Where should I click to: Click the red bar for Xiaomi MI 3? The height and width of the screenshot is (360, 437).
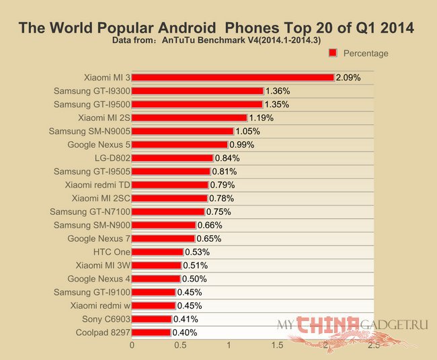(x=233, y=77)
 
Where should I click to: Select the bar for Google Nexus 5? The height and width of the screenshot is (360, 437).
(x=180, y=144)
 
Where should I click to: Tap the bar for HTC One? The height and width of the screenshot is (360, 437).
(x=157, y=252)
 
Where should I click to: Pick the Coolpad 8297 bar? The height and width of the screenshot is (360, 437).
(x=151, y=332)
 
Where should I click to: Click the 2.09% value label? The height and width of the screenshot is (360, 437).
(x=348, y=77)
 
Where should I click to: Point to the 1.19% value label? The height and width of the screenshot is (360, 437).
(x=261, y=118)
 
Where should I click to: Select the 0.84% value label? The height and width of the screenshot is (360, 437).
(x=227, y=158)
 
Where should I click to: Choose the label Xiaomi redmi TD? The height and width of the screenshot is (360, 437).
(x=97, y=185)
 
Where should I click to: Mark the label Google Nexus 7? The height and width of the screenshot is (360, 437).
(x=99, y=238)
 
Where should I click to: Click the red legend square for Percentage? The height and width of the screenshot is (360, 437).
(x=332, y=52)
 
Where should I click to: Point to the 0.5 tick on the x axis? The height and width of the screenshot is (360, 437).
(x=181, y=345)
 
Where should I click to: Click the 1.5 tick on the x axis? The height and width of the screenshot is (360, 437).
(x=277, y=345)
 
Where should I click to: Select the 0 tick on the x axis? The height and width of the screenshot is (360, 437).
(x=132, y=345)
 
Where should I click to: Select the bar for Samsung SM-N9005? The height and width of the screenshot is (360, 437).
(x=182, y=131)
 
